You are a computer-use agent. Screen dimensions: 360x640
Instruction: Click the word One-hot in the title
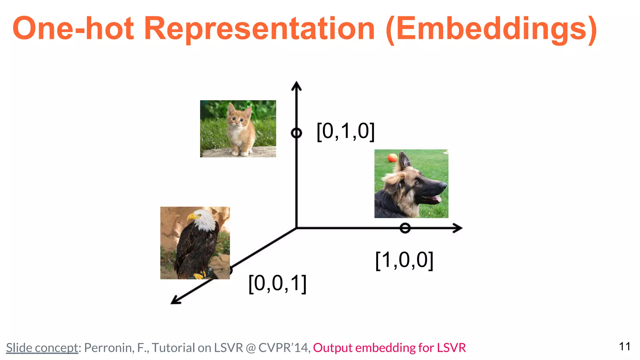click(73, 29)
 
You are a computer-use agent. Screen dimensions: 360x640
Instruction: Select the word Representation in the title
click(259, 29)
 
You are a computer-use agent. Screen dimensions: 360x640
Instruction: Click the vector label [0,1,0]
click(346, 131)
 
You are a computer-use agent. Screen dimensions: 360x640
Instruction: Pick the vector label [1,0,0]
click(404, 260)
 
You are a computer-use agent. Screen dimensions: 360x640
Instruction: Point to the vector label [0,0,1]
click(277, 284)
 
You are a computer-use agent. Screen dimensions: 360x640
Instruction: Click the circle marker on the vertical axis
click(296, 133)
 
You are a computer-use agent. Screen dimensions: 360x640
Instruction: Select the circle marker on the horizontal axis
click(405, 228)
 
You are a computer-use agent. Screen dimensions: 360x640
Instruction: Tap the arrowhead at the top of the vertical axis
click(296, 85)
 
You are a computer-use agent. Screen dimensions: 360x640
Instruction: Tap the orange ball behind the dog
click(392, 158)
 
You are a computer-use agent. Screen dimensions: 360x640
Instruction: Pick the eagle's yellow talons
click(199, 275)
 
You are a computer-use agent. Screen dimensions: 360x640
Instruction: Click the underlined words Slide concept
click(42, 347)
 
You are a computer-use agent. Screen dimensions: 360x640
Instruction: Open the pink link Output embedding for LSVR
click(389, 347)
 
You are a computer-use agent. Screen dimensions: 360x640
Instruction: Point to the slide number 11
click(624, 346)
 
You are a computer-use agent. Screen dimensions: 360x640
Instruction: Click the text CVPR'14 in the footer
click(284, 347)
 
